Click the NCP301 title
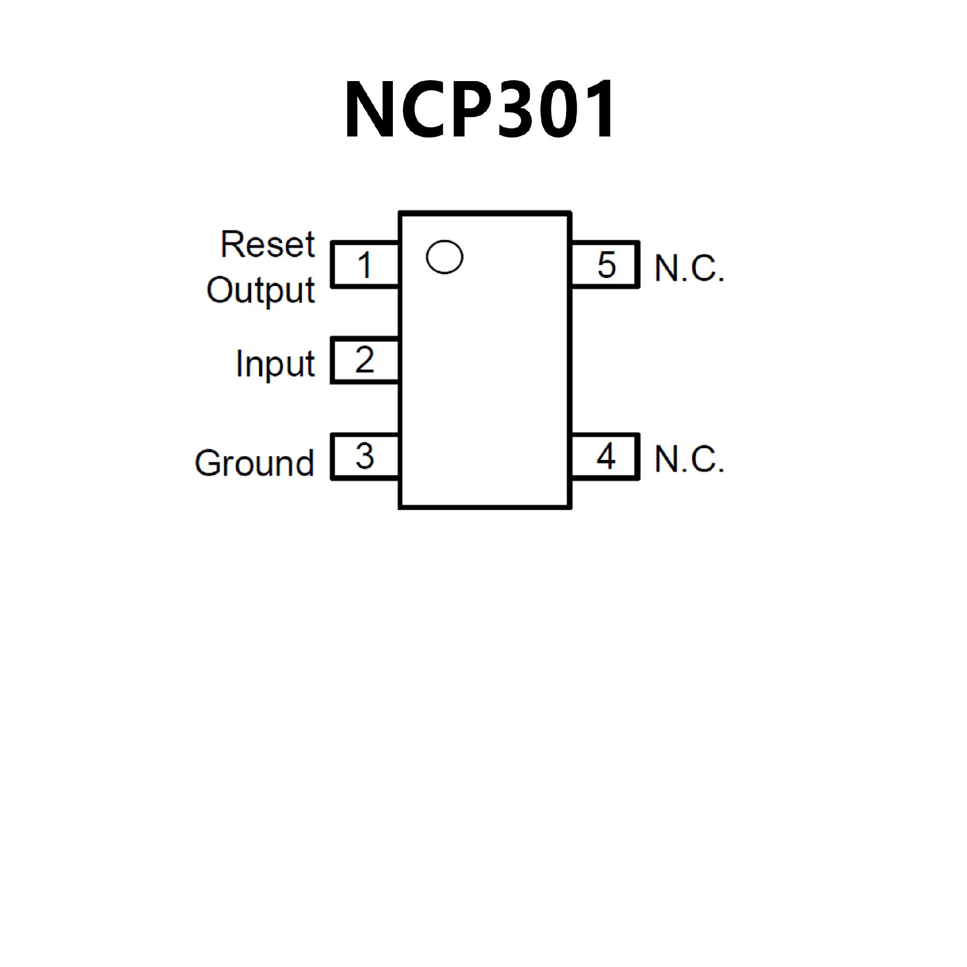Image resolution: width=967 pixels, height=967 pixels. [479, 109]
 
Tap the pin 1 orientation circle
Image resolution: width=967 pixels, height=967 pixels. [444, 257]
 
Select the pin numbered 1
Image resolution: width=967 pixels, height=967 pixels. [365, 265]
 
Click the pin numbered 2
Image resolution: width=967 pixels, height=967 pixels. [365, 361]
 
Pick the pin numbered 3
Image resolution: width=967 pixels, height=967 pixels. [365, 457]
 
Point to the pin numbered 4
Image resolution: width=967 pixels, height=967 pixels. [606, 457]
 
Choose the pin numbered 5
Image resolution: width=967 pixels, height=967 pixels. [606, 265]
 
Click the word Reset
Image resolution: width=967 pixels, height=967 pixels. [267, 245]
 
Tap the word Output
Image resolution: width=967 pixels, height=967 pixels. [261, 291]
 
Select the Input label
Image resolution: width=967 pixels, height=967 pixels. [275, 364]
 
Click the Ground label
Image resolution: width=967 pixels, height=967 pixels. [254, 463]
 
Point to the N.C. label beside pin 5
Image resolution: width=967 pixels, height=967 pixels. [689, 268]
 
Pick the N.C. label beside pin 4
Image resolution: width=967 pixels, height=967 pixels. [689, 459]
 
